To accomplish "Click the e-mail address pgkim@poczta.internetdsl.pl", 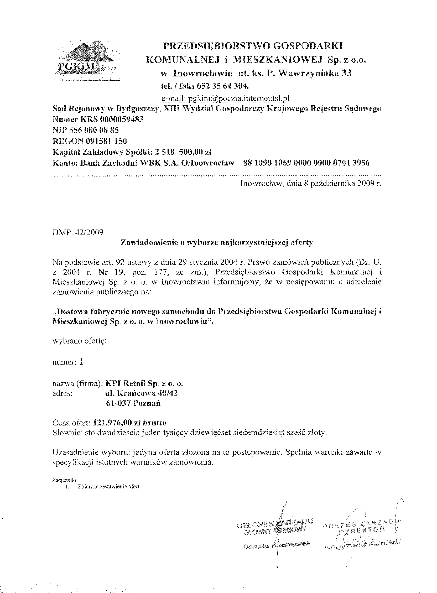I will pos(225,98).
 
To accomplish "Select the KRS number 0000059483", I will pos(122,119).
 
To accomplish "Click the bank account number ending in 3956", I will pos(306,163).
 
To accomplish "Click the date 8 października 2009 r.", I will pos(343,183).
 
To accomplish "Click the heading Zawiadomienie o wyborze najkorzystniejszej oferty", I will pos(216,243).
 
